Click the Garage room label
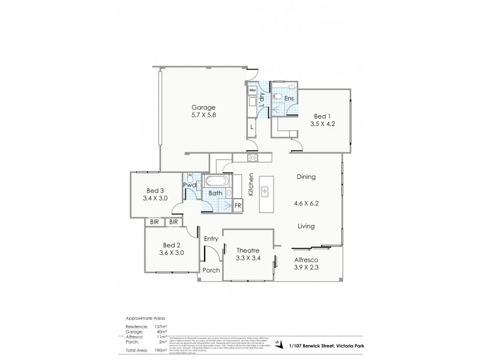click(203, 107)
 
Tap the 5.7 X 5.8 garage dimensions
click(203, 116)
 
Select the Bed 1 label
click(322, 117)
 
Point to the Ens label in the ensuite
click(289, 98)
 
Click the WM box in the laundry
click(253, 90)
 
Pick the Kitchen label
click(252, 185)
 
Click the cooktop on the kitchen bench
click(253, 158)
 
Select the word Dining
click(306, 177)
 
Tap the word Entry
click(211, 239)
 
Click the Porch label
click(211, 270)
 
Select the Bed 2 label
click(171, 245)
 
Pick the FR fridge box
click(238, 206)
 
